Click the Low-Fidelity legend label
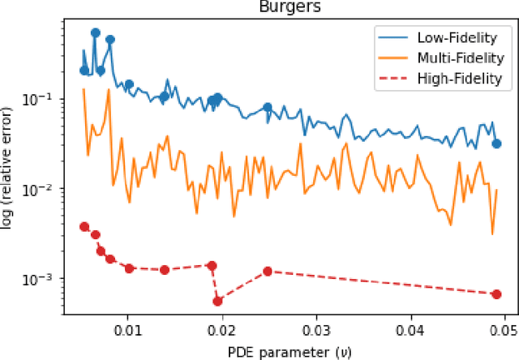click(x=458, y=38)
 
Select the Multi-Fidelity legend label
click(x=459, y=58)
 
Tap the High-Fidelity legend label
click(x=459, y=79)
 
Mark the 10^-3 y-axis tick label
click(x=45, y=279)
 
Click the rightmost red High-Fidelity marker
click(x=496, y=294)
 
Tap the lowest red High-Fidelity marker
click(x=217, y=301)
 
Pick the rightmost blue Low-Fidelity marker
click(x=496, y=144)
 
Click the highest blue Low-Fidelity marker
click(x=95, y=33)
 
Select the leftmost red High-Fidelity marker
click(x=84, y=227)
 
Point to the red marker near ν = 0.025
click(x=268, y=271)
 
